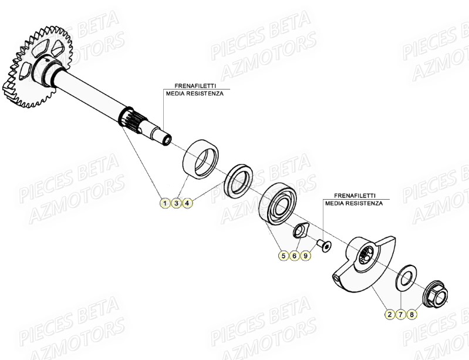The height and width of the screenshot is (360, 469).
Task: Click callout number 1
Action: coord(166,203)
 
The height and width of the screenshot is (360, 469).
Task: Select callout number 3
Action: coord(176,203)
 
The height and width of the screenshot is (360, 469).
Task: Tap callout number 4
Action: coord(187,203)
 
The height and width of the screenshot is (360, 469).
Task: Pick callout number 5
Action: coord(284,255)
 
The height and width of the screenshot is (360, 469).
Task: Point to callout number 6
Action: coord(295,255)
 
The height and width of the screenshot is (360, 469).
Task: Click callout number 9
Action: coord(305,255)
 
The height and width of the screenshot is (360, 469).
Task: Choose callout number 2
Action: coord(389,314)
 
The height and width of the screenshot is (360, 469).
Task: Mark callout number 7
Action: coord(400,314)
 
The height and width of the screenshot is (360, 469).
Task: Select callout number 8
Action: coord(411,314)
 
